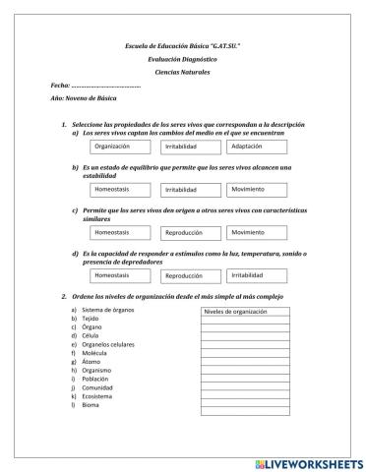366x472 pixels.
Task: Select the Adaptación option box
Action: (x=256, y=147)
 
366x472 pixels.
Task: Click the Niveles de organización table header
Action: (x=244, y=313)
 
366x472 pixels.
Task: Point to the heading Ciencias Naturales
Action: (x=183, y=73)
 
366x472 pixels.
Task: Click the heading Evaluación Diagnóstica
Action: (x=183, y=59)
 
